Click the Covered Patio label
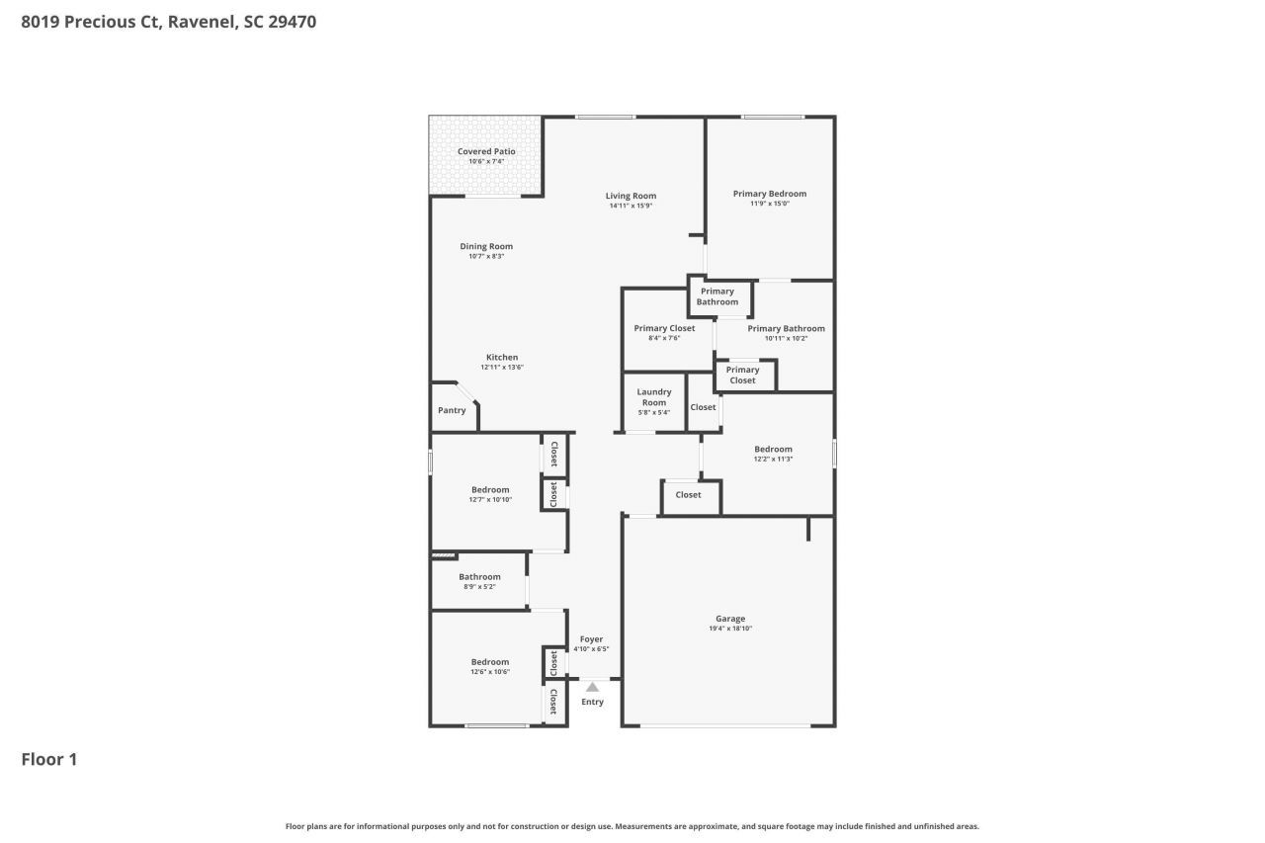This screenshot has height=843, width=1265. [x=486, y=151]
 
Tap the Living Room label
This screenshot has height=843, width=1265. [x=631, y=196]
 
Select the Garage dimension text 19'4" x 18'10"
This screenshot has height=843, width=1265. [x=730, y=629]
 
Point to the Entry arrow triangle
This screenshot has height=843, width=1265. [x=592, y=687]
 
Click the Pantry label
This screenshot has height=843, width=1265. [x=452, y=410]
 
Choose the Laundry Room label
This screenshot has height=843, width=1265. [x=654, y=397]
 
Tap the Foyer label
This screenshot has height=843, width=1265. [x=591, y=639]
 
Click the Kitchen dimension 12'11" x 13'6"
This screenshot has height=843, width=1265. [x=502, y=368]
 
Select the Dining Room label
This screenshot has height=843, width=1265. [x=486, y=246]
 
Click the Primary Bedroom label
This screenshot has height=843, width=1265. [x=770, y=194]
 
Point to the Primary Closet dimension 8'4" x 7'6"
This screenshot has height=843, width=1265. [x=664, y=338]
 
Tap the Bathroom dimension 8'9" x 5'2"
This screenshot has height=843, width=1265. [x=479, y=587]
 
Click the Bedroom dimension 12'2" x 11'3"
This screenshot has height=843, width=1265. [x=773, y=459]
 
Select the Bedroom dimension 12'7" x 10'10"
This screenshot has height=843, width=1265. [x=490, y=500]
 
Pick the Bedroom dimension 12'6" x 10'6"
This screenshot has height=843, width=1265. [x=490, y=672]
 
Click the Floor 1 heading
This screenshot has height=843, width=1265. [x=49, y=759]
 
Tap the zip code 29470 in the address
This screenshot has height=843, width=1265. [x=292, y=21]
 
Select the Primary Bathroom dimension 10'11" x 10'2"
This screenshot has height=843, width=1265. [x=786, y=338]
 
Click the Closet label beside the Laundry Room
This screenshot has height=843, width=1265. [x=703, y=407]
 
